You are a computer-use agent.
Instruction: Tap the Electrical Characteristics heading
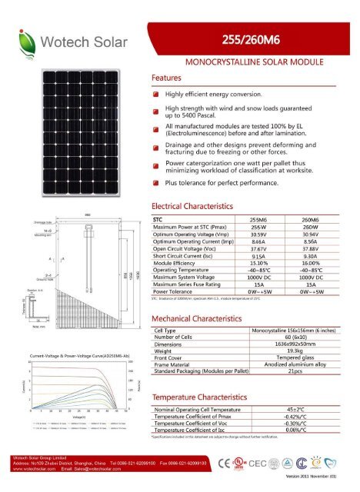(x=192, y=208)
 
